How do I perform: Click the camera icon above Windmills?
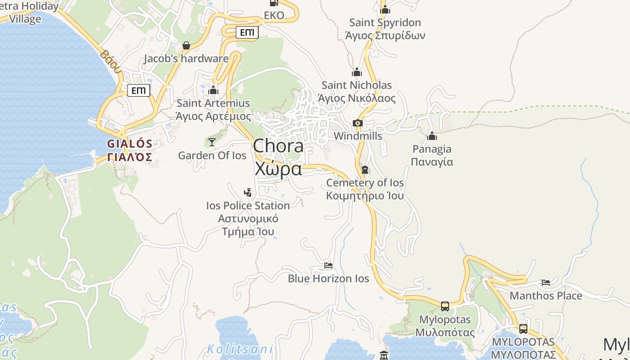click(358, 123)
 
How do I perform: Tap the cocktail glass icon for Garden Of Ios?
click(211, 142)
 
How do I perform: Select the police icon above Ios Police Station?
click(247, 193)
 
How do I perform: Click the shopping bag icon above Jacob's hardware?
click(186, 45)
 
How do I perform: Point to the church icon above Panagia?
click(432, 135)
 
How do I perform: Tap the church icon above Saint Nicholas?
click(357, 72)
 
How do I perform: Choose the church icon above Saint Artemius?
click(213, 90)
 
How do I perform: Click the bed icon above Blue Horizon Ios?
click(328, 265)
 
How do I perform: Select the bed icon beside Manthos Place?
click(546, 283)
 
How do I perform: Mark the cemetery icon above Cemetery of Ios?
click(365, 170)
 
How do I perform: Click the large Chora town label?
click(278, 146)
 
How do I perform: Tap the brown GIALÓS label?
click(130, 144)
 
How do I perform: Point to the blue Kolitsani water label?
click(240, 349)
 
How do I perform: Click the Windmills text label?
click(358, 136)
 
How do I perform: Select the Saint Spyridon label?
click(385, 22)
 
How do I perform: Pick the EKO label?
click(274, 15)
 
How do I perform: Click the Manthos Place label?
click(546, 296)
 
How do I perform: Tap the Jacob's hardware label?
click(186, 58)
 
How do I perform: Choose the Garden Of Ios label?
click(212, 156)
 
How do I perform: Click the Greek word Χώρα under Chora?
click(278, 169)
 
